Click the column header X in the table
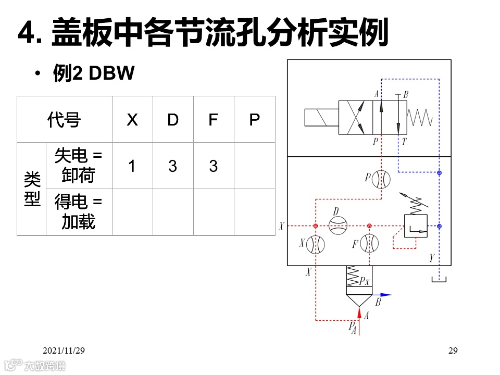pyautogui.click(x=132, y=120)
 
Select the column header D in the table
pyautogui.click(x=173, y=120)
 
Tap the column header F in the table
pyautogui.click(x=213, y=120)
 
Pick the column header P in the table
pyautogui.click(x=254, y=120)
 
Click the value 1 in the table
pyautogui.click(x=132, y=166)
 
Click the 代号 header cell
pyautogui.click(x=64, y=120)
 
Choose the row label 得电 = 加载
pyautogui.click(x=79, y=212)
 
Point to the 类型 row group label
pyautogui.click(x=32, y=189)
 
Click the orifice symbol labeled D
pyautogui.click(x=338, y=224)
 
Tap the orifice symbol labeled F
pyautogui.click(x=369, y=243)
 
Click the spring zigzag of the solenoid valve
pyautogui.click(x=420, y=117)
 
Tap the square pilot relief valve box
pyautogui.click(x=416, y=226)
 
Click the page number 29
pyautogui.click(x=453, y=351)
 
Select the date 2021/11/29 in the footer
pyautogui.click(x=64, y=351)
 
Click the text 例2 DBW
pyautogui.click(x=94, y=74)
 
